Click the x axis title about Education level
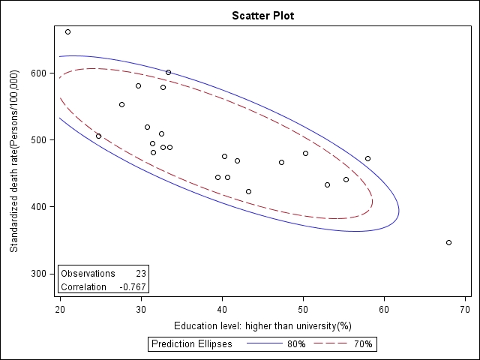point(262,326)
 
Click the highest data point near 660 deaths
point(67,31)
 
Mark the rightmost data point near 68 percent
point(448,242)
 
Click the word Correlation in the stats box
point(84,287)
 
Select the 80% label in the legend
point(296,344)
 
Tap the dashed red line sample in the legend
point(331,344)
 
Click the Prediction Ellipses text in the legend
point(191,344)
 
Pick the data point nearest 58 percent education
point(367,158)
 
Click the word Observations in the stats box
point(88,274)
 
